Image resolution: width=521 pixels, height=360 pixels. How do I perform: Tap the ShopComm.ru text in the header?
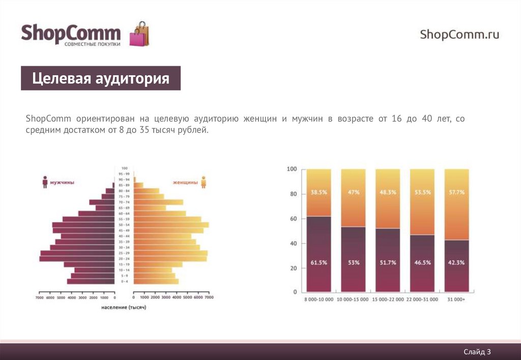459,35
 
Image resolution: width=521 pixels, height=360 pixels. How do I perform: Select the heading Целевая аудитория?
100,79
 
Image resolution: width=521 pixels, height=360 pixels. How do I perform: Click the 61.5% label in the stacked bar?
319,262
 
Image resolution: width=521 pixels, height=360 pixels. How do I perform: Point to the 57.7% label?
457,193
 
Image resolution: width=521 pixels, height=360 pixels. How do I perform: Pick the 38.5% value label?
319,193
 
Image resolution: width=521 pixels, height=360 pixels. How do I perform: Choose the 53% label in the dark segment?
354,262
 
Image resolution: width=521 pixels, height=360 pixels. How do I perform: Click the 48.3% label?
388,193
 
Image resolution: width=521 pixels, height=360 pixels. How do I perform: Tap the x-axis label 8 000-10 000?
319,299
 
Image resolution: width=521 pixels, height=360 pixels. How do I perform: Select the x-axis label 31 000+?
457,299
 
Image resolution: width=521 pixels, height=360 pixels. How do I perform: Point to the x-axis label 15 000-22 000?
388,299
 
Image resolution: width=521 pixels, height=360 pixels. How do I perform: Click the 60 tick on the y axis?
292,218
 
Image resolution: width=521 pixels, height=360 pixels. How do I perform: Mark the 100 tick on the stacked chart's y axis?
292,169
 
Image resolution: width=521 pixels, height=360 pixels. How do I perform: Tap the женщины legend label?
185,182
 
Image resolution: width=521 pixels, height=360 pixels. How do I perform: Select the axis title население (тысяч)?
124,308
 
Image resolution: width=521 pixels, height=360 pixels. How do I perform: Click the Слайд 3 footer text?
477,351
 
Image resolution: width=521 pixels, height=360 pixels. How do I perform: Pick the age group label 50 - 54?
124,225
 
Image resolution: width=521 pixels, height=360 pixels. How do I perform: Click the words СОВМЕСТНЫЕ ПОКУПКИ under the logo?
92,44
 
